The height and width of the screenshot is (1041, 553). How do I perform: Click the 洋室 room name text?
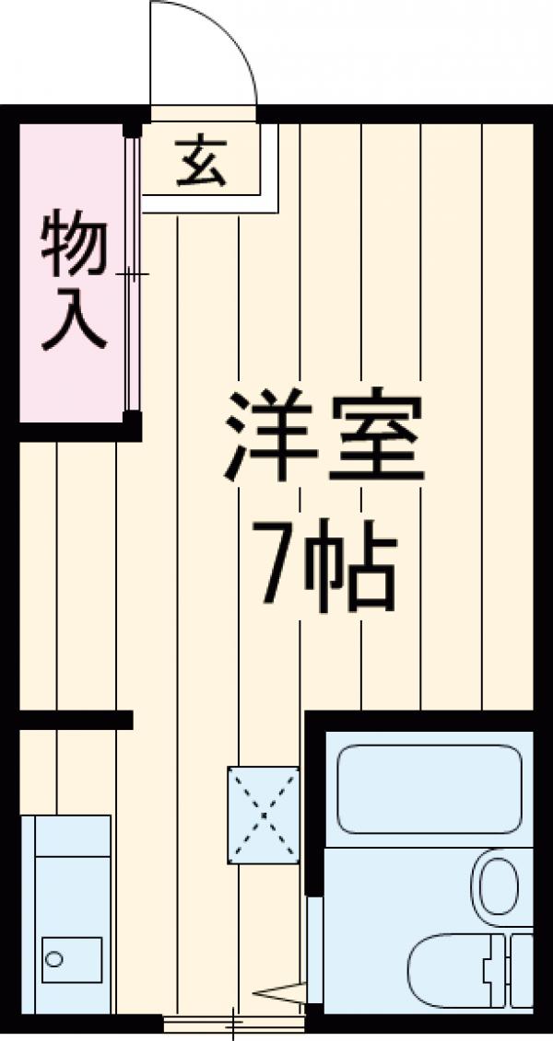coord(323,437)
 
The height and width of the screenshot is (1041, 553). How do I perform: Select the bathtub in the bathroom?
coord(429,789)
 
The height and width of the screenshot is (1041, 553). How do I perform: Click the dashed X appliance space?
coord(264,815)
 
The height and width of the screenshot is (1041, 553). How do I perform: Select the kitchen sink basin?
coord(72,960)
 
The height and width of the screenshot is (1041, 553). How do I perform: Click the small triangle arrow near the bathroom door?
coord(279,992)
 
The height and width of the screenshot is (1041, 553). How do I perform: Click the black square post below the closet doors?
coord(133,426)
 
